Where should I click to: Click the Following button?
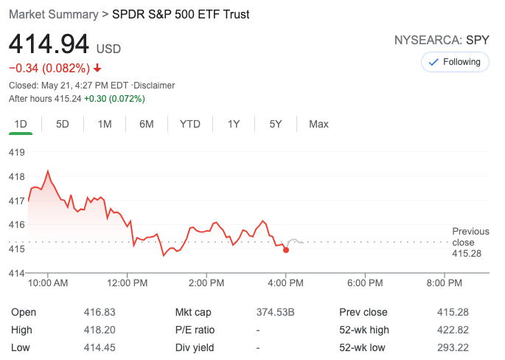(x=455, y=62)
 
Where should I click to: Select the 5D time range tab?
(x=63, y=124)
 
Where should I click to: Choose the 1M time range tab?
(x=105, y=124)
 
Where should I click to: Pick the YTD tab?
(x=190, y=124)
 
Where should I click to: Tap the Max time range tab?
(x=318, y=124)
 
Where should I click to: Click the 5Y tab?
(x=276, y=124)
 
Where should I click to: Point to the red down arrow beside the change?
(x=97, y=69)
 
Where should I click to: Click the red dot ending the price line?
(x=286, y=250)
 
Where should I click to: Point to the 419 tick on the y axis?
(x=16, y=152)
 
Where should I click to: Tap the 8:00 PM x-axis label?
(x=445, y=283)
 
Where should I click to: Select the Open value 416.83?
(x=100, y=312)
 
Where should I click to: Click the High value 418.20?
(x=100, y=330)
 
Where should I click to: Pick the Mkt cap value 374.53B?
(x=275, y=312)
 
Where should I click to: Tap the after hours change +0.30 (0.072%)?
(x=114, y=98)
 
